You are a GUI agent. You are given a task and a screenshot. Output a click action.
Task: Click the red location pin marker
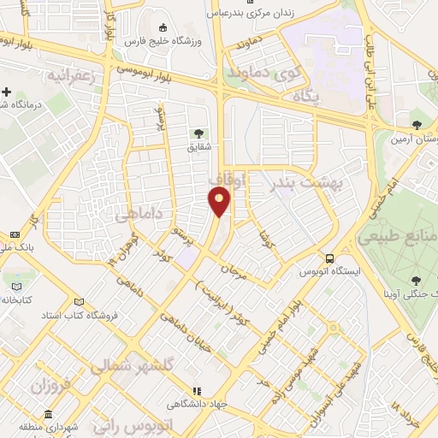coord(221,202)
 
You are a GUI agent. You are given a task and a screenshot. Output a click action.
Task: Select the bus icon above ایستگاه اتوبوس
coord(329,258)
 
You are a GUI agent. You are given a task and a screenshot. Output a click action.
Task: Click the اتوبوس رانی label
coord(137,425)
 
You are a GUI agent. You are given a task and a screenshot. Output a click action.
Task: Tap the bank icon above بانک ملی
coord(15,234)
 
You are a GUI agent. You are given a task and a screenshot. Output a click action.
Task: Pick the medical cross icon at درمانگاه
coord(7,92)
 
